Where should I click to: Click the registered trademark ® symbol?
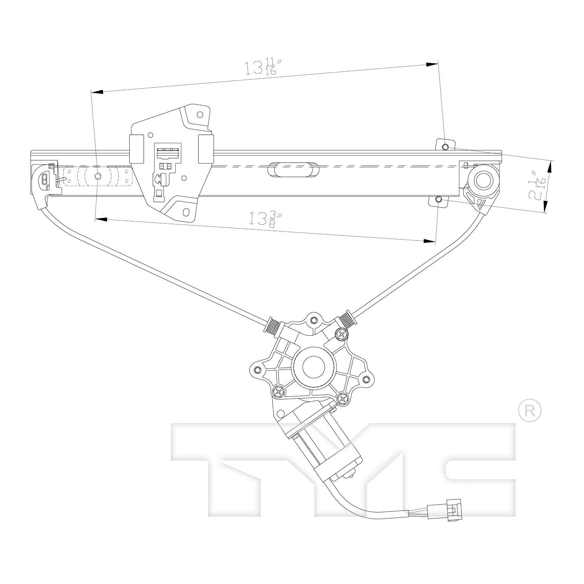pos(530,410)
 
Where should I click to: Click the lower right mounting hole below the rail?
pos(438,200)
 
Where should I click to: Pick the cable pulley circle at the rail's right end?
pos(484,179)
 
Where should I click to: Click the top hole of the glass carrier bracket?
pos(200,115)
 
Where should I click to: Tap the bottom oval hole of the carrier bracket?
pos(186,212)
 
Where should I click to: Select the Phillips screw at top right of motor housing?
pos(341,333)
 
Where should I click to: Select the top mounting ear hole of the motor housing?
pos(313,320)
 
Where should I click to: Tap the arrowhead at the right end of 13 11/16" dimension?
pos(432,65)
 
